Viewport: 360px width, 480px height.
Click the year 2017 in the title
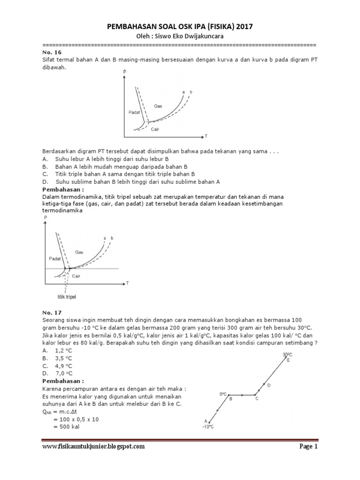tap(243, 27)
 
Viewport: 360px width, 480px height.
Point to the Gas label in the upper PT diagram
tap(158, 106)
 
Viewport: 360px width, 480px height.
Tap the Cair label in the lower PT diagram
tap(76, 276)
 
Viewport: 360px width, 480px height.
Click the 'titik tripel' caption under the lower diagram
tap(67, 297)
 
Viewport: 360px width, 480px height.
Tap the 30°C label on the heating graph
tap(287, 354)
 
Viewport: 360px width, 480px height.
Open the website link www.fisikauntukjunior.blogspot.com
tap(93, 447)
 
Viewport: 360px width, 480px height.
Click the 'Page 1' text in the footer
tap(308, 447)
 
